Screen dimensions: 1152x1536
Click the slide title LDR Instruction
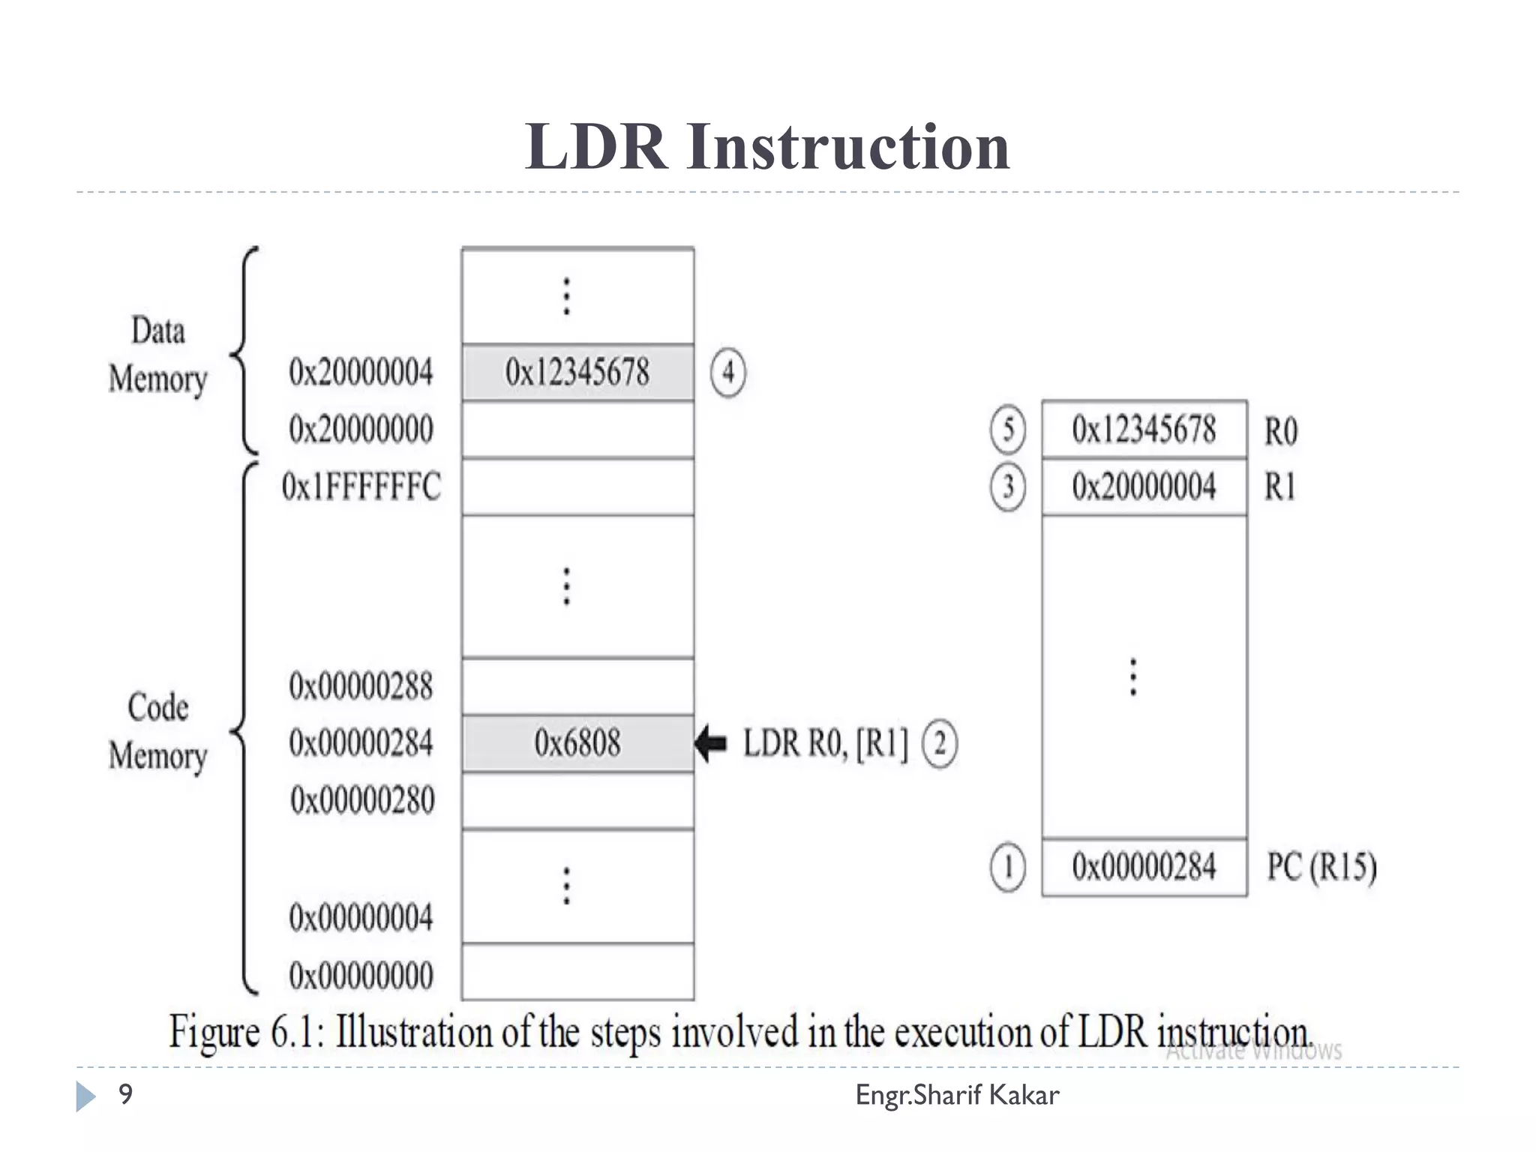tap(767, 146)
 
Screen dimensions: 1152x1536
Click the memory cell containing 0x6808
tap(577, 743)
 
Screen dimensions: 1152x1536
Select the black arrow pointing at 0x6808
tap(711, 743)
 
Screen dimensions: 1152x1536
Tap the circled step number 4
tap(727, 372)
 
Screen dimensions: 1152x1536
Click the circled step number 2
tap(940, 743)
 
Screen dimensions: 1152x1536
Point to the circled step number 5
tap(1008, 430)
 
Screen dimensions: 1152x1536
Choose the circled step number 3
tap(1008, 487)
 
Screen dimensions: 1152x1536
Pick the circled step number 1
tap(1008, 867)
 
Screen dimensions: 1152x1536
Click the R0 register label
tap(1280, 431)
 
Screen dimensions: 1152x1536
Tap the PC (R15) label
tap(1321, 867)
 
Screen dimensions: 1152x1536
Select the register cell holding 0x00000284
tap(1144, 867)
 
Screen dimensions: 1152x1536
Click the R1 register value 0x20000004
tap(1144, 487)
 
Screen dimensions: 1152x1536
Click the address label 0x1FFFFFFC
tap(361, 487)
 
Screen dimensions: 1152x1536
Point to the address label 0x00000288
tap(361, 685)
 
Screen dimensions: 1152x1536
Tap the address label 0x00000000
tap(361, 976)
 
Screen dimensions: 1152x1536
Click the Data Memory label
tap(157, 355)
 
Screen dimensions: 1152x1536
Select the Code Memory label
tap(157, 731)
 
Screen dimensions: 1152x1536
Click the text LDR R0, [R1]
tap(825, 743)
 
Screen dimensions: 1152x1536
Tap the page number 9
tap(125, 1094)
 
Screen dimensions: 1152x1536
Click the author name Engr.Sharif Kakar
tap(957, 1095)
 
